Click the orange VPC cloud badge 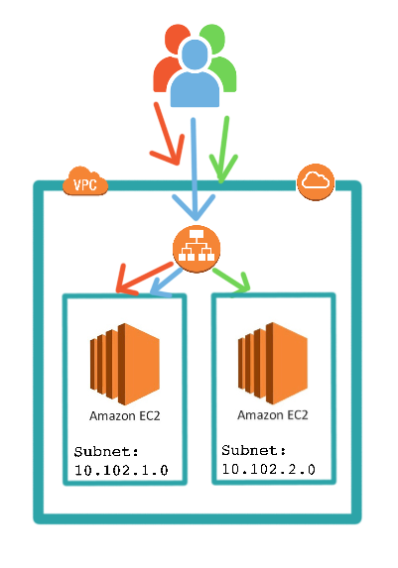point(84,182)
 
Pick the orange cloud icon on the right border point(316,180)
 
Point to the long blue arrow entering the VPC point(196,169)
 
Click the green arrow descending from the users point(224,149)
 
